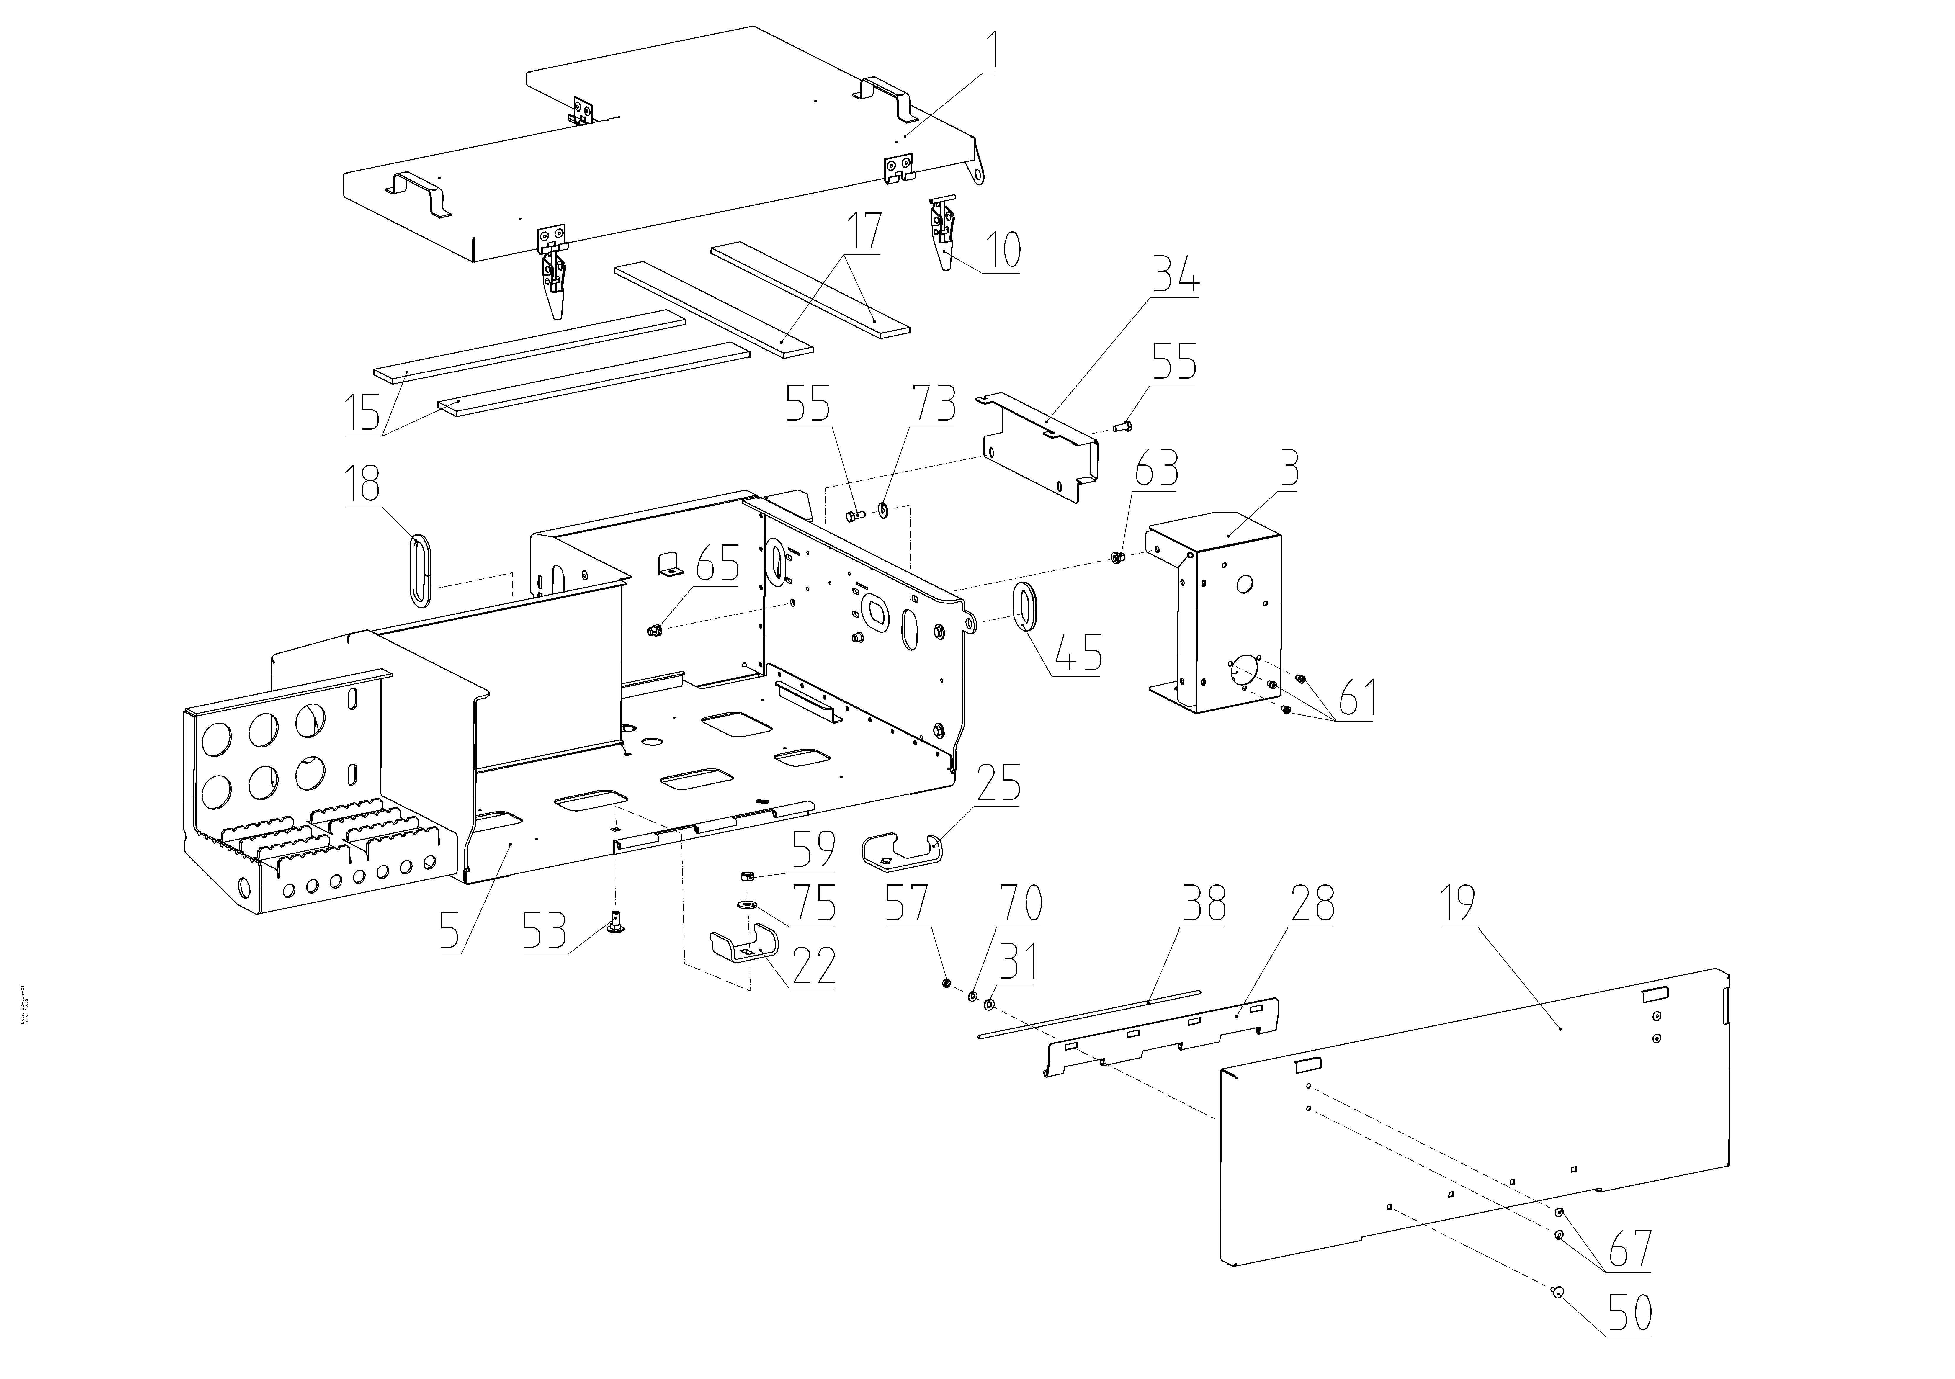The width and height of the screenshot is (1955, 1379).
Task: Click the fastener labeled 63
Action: click(1118, 557)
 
